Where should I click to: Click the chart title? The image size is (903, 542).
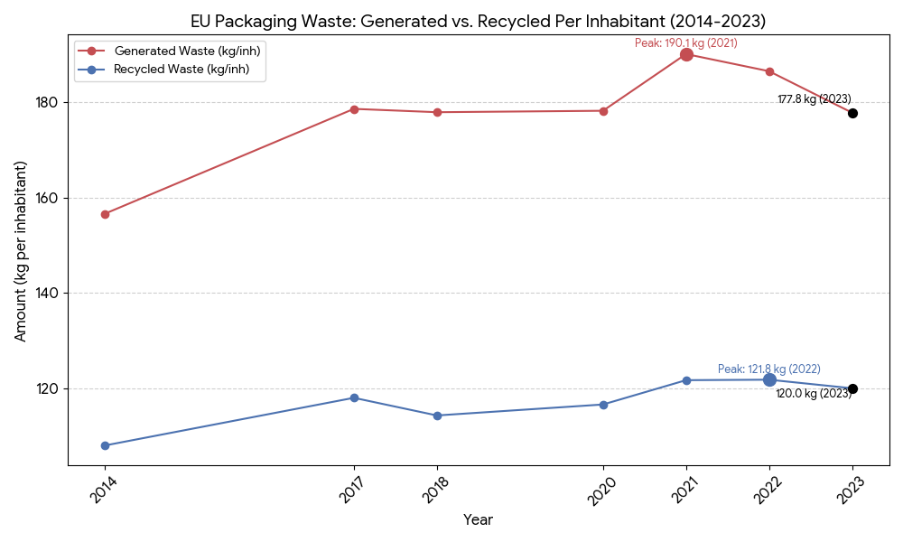coord(478,21)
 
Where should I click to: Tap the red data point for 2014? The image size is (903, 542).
coord(105,214)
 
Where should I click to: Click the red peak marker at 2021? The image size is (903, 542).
coord(686,55)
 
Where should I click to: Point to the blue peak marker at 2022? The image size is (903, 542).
coord(769,379)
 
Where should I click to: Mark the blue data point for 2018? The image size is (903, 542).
coord(437,416)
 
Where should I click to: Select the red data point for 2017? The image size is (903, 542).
coord(354,109)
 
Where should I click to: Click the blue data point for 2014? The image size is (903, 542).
coord(105,445)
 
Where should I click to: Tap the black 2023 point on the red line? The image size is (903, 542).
coord(852,113)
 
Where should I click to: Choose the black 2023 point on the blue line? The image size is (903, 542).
coord(852,388)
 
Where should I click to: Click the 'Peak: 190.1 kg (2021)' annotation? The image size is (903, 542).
coord(685,42)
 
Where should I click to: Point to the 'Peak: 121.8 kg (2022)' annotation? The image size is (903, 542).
coord(768,369)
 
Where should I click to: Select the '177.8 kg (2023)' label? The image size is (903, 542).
coord(815,99)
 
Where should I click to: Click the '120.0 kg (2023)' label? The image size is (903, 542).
coord(813,394)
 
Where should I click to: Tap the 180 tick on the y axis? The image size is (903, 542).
coord(50,103)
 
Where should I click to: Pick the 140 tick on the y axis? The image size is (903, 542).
coord(50,294)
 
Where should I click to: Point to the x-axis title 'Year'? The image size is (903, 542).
coord(478,520)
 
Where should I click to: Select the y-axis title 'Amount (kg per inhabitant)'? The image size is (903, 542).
coord(21,251)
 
